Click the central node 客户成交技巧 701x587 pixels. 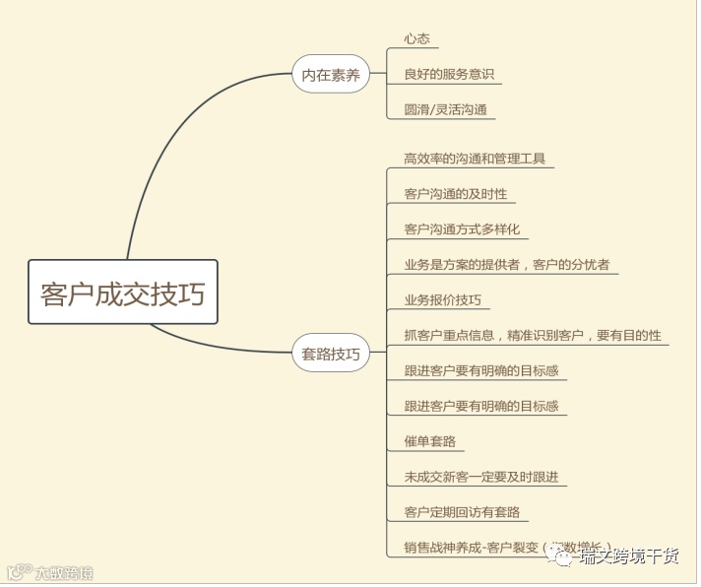(x=123, y=293)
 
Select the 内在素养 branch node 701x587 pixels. (x=330, y=74)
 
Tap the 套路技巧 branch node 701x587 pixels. (x=330, y=353)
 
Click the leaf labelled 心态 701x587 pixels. (x=416, y=38)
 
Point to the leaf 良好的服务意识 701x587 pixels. (x=449, y=74)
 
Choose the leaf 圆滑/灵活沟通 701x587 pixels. (x=445, y=109)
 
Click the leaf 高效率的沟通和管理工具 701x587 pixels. (x=475, y=158)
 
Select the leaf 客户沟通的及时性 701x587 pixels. (x=456, y=193)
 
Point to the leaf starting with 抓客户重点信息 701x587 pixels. (x=533, y=335)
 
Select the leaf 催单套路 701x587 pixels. (x=429, y=441)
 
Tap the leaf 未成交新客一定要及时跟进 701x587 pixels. (x=481, y=477)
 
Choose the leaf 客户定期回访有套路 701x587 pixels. (x=462, y=512)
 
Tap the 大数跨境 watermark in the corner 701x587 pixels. (x=55, y=572)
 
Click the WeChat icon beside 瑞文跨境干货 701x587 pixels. (x=561, y=558)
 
